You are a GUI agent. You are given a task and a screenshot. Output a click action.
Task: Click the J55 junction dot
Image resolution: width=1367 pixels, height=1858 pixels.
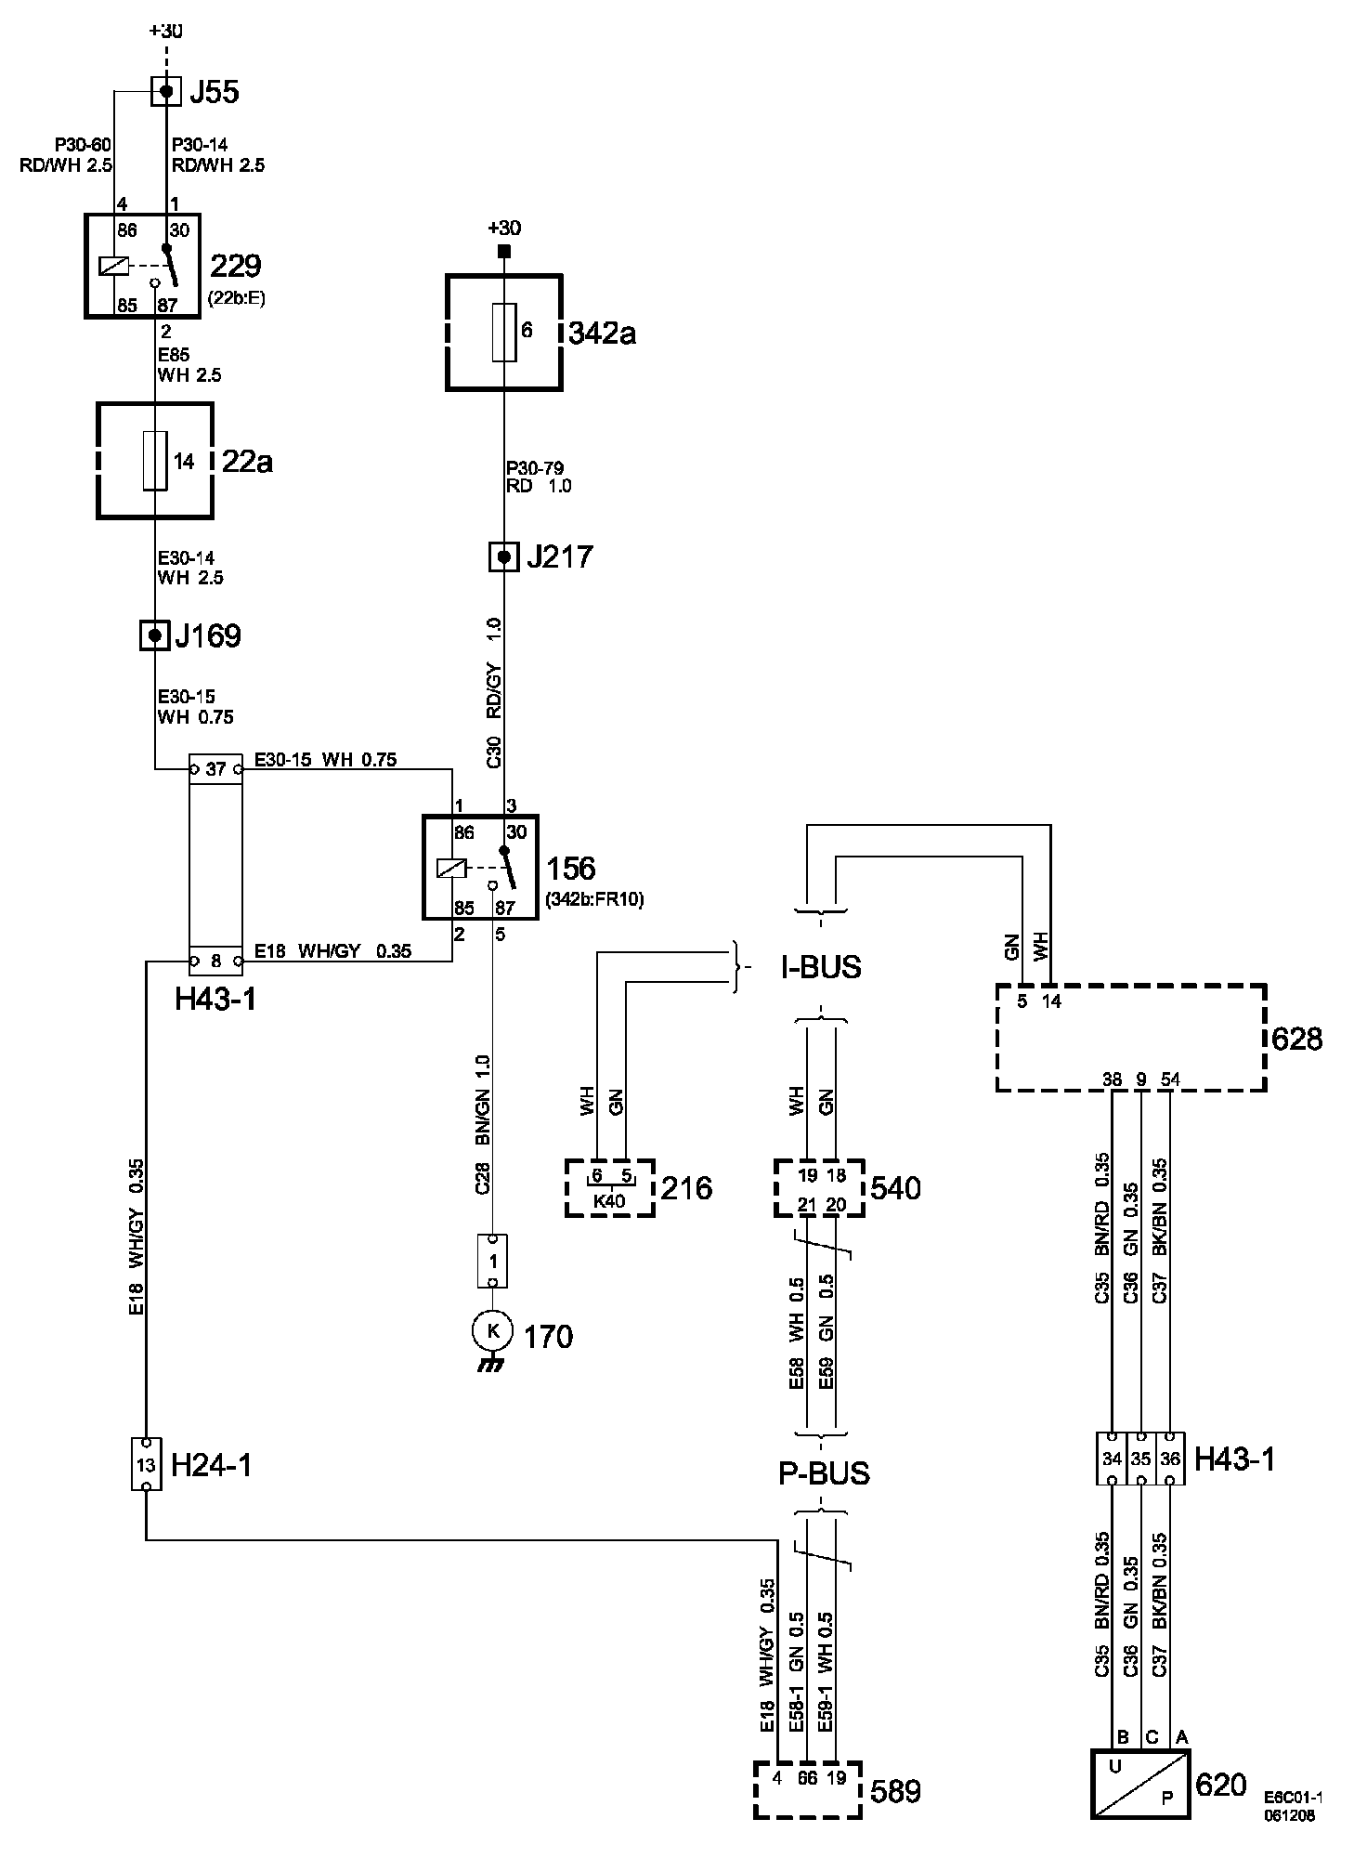166,91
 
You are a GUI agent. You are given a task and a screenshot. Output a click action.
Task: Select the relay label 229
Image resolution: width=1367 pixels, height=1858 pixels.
236,266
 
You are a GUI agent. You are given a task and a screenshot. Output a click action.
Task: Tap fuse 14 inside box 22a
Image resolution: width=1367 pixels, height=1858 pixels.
155,460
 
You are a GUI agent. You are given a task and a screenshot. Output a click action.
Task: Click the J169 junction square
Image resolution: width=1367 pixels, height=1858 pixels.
154,635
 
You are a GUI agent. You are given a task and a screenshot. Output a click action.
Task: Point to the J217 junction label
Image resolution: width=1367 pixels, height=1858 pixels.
559,557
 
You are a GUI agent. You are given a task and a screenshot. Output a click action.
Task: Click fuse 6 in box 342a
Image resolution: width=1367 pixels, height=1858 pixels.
504,332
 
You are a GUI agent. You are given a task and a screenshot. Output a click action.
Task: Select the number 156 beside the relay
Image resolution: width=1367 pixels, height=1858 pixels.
571,869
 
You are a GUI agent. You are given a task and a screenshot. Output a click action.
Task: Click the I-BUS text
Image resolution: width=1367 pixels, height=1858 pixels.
821,967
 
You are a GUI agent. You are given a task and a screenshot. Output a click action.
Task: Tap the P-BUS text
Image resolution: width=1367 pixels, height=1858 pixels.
824,1472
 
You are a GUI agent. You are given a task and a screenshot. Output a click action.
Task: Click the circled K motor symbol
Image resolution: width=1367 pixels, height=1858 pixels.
493,1331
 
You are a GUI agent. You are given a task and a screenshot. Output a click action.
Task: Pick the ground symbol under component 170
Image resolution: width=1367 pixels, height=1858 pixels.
492,1365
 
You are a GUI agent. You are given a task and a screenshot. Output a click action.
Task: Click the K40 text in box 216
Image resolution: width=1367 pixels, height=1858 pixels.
609,1199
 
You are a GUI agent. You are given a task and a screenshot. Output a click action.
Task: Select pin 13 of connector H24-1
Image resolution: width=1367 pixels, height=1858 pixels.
146,1465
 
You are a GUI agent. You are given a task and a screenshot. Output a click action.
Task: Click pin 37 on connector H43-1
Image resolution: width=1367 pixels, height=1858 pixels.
215,769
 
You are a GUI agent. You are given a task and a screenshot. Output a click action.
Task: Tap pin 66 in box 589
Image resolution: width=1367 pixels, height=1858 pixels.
808,1778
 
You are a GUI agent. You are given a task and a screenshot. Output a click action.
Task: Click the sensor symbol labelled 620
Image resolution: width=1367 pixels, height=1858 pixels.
1140,1784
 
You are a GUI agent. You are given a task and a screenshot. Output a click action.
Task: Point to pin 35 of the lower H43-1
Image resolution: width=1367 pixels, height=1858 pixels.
1141,1459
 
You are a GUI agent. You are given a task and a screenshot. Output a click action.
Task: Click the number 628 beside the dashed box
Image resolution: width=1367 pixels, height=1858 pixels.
1296,1038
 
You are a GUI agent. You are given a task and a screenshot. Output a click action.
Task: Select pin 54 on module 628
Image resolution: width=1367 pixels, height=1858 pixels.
1170,1079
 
